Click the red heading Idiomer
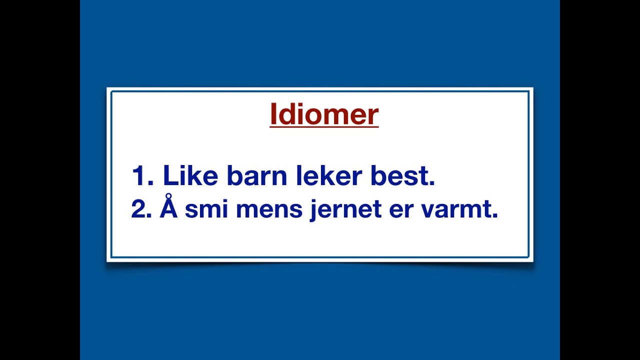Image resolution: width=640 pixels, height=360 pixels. tap(324, 114)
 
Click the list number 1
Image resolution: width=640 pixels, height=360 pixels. tap(138, 176)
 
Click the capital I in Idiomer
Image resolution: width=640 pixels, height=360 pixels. tap(273, 114)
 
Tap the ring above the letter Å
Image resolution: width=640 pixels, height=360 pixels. tap(169, 196)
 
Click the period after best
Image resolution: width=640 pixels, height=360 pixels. tap(432, 183)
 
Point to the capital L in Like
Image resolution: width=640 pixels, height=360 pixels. tap(170, 175)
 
